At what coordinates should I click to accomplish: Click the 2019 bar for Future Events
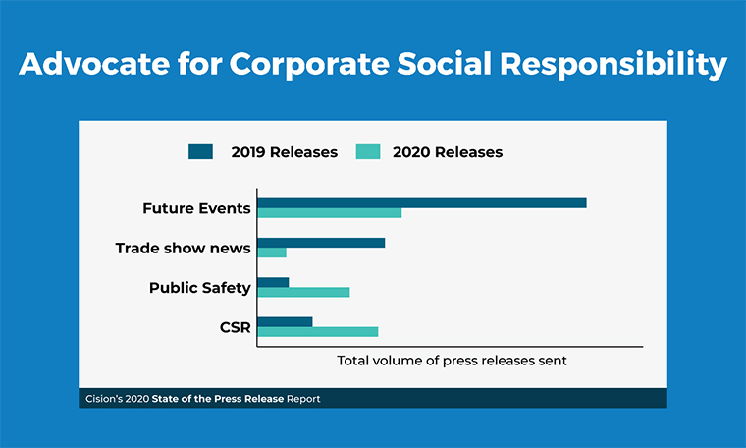(422, 203)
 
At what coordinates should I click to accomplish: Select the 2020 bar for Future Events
(330, 213)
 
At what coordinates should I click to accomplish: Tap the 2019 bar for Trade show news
(321, 243)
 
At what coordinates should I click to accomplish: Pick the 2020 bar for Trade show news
(272, 252)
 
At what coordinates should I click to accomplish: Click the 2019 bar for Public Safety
(273, 282)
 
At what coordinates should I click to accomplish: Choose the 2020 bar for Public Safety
(303, 292)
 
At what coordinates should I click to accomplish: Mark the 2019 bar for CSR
(285, 321)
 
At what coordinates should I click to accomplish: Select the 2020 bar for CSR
(318, 332)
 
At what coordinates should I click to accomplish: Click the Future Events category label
(196, 208)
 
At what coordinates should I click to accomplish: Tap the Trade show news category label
(183, 248)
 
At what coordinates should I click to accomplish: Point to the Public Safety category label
(200, 288)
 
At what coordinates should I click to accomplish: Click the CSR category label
(235, 326)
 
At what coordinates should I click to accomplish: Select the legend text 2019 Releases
(284, 152)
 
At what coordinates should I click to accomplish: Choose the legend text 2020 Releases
(448, 152)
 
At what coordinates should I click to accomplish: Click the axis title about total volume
(453, 361)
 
